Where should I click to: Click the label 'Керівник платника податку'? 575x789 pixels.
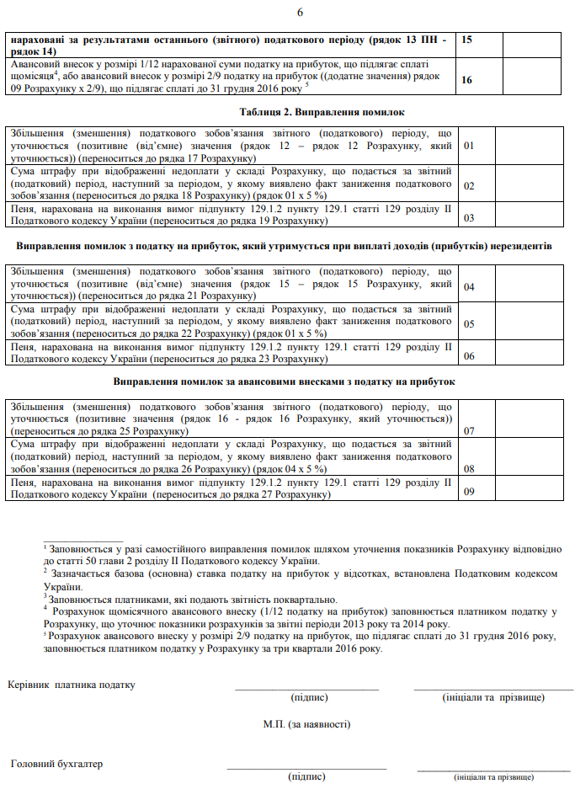coord(72,685)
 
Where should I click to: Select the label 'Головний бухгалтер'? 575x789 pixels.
coord(56,764)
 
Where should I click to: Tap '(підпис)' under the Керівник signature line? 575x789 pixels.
coord(308,697)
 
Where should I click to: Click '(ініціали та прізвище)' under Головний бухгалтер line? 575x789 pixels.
coord(493,776)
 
